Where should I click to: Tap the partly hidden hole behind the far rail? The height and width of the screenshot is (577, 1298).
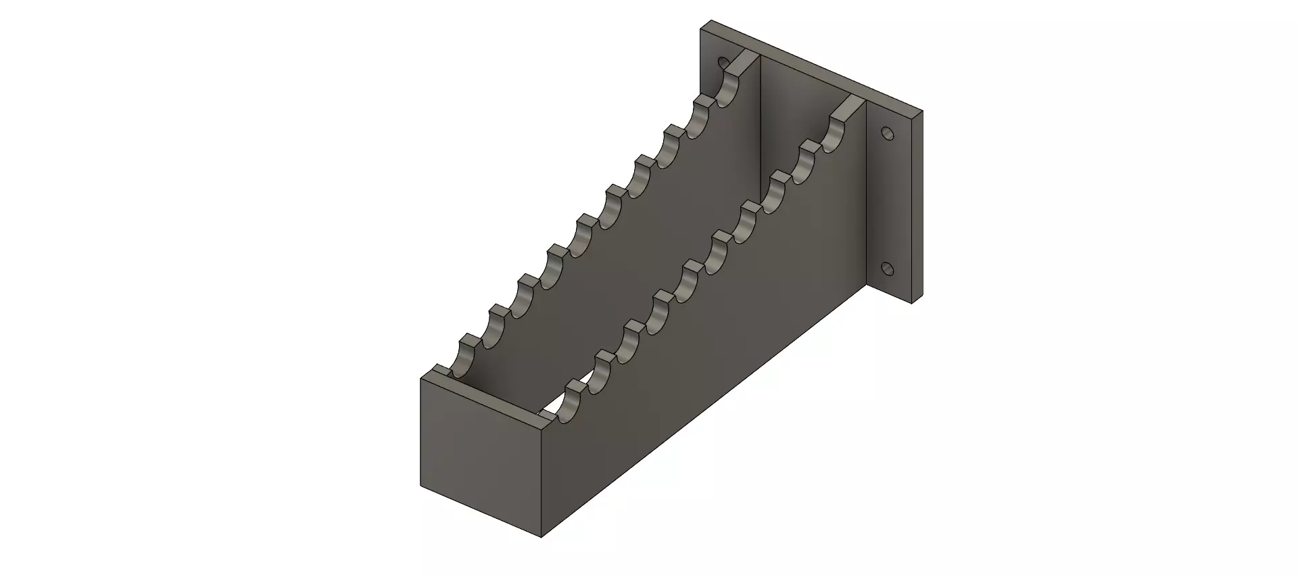pyautogui.click(x=723, y=63)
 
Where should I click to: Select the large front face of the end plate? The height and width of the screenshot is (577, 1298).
pyautogui.click(x=480, y=453)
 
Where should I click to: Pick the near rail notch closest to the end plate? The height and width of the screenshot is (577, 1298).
pyautogui.click(x=575, y=406)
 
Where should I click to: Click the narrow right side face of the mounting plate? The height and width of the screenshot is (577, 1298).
pyautogui.click(x=916, y=203)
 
